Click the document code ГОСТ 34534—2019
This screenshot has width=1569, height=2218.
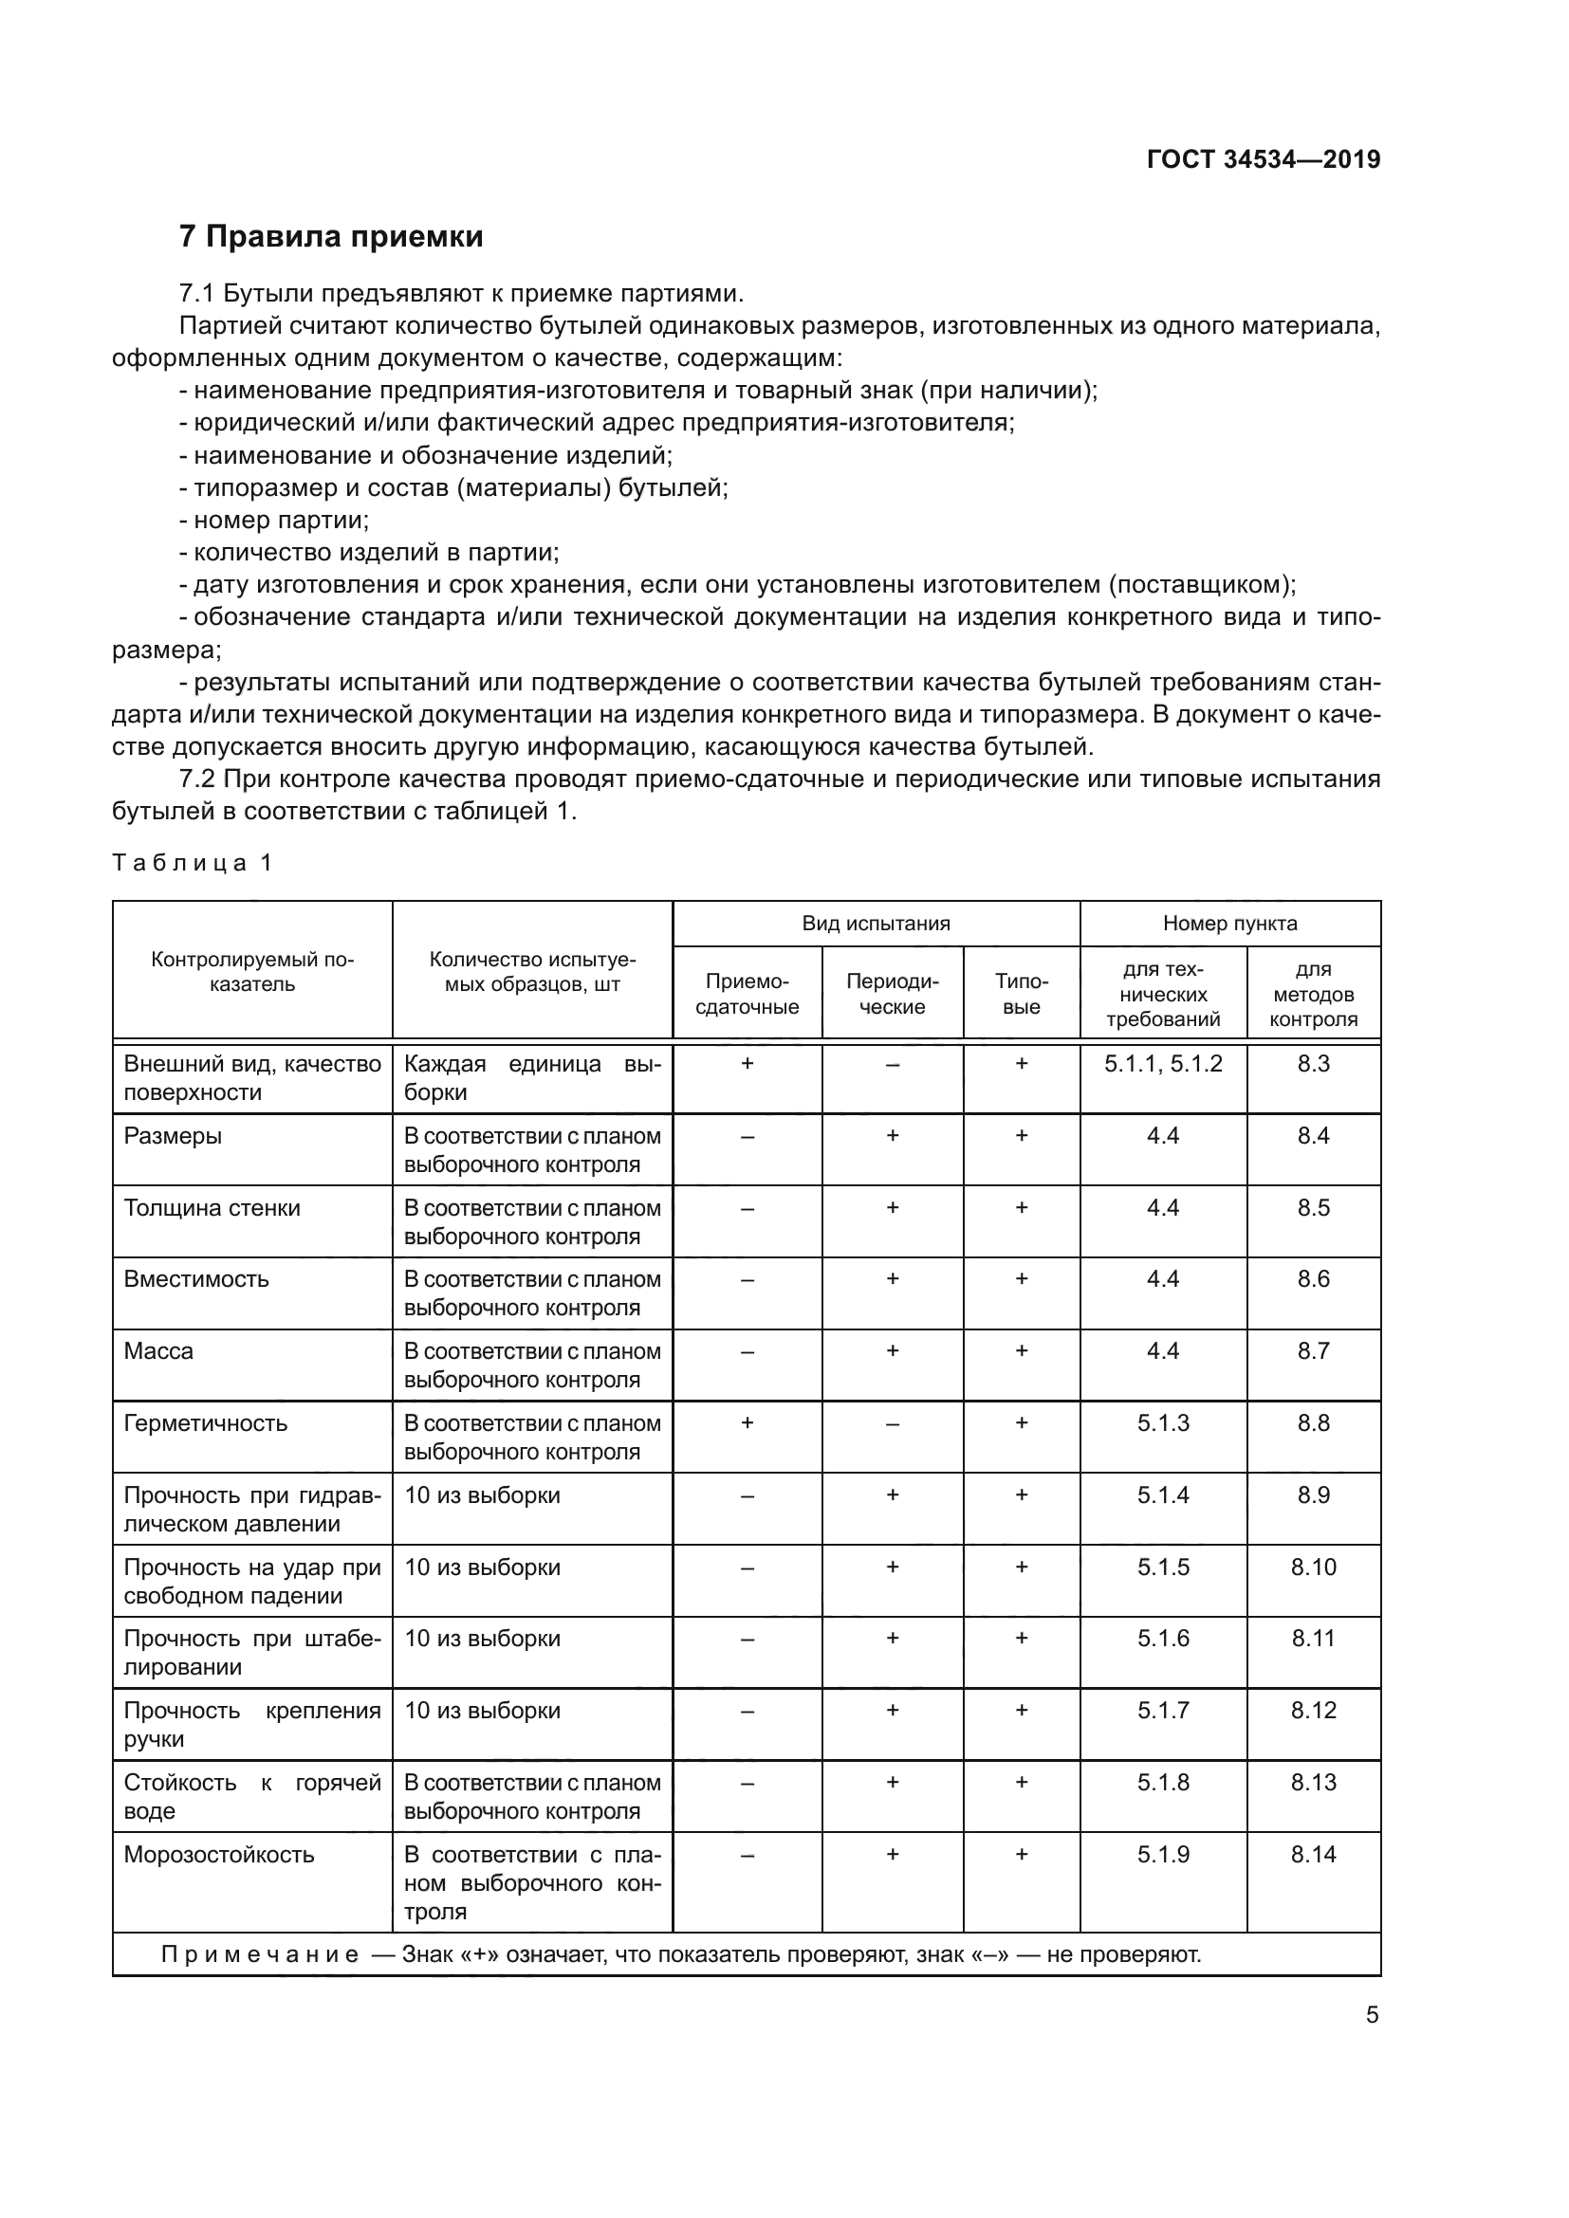point(1263,159)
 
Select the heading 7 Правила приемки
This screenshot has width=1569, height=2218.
point(330,237)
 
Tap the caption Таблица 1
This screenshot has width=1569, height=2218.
point(193,863)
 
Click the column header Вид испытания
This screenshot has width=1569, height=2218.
point(876,924)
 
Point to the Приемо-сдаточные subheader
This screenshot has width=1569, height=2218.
point(747,994)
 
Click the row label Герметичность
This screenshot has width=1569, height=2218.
point(206,1423)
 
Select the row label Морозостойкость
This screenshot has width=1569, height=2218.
point(219,1854)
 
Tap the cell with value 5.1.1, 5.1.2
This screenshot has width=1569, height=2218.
point(1162,1064)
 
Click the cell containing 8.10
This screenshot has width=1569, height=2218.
point(1313,1567)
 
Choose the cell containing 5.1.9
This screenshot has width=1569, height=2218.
point(1162,1854)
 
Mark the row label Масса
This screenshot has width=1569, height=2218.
point(158,1350)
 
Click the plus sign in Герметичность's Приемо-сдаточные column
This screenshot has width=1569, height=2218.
point(747,1423)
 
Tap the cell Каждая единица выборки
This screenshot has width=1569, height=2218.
point(531,1078)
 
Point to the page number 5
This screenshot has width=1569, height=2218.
point(1372,2015)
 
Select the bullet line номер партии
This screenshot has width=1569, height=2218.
point(280,521)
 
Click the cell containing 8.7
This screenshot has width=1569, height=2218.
point(1313,1350)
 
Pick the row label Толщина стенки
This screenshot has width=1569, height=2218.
point(212,1207)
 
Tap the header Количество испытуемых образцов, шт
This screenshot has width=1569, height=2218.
point(531,972)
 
